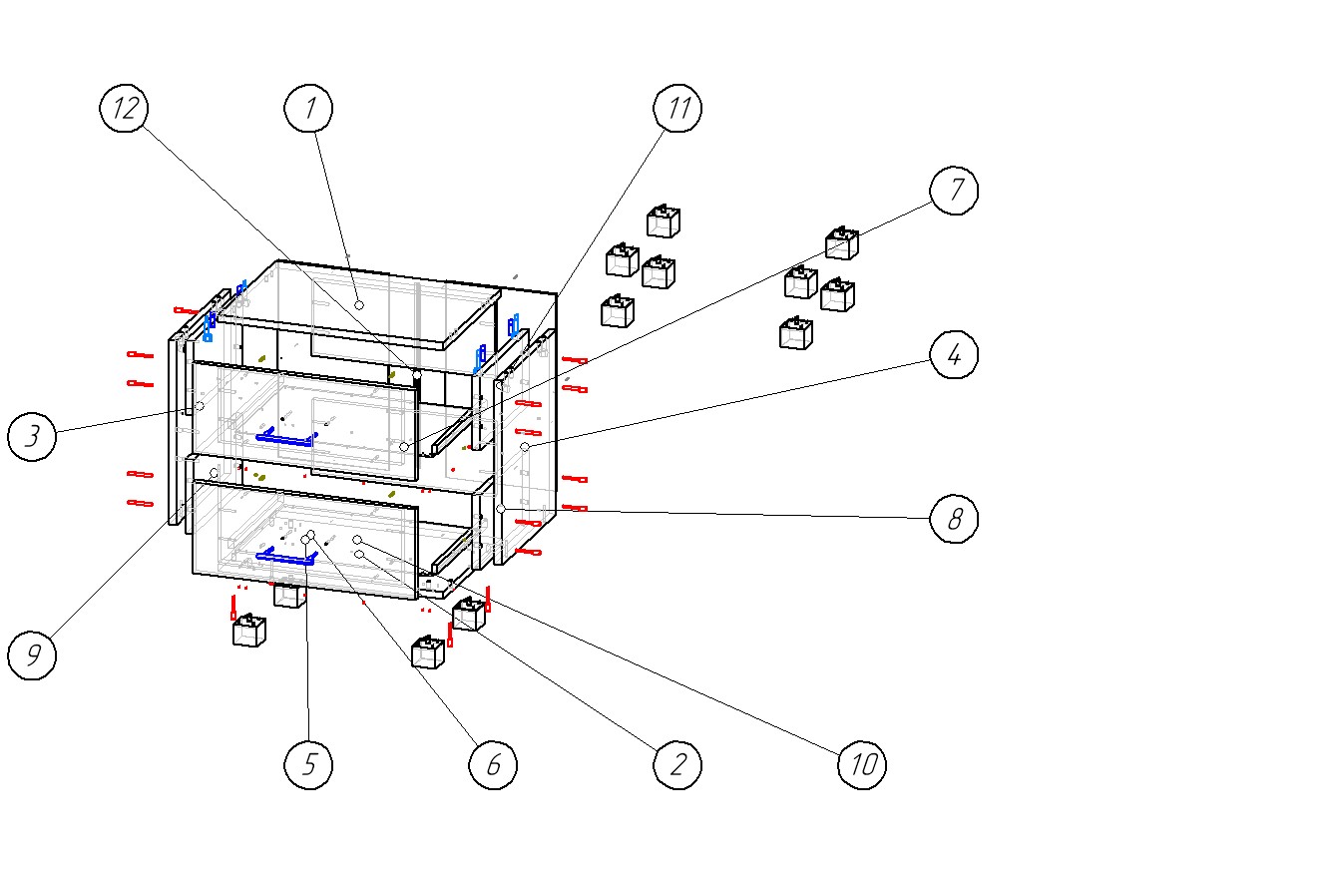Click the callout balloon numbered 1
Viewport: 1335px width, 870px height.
309,109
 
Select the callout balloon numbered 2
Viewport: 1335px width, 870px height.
677,765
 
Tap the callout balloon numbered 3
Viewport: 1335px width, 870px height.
32,437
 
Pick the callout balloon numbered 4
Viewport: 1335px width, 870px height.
954,354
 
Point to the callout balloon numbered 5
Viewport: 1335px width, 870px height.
308,765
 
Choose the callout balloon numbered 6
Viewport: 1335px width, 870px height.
493,765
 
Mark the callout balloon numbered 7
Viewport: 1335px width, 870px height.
954,190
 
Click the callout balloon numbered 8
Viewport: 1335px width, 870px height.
954,519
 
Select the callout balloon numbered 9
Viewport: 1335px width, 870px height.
32,655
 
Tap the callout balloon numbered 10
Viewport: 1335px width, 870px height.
862,765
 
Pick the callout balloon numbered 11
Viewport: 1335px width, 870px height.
677,109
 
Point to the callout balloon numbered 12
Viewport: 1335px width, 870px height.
125,109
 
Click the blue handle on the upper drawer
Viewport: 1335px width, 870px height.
286,437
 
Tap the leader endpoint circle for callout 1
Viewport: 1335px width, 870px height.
359,304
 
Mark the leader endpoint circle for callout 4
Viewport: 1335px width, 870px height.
525,447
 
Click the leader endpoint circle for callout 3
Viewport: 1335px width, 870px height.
200,406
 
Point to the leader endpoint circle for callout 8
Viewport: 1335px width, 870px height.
501,509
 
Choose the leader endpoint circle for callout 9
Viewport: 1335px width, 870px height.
215,473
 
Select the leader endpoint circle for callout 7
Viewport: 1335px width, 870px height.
404,447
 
